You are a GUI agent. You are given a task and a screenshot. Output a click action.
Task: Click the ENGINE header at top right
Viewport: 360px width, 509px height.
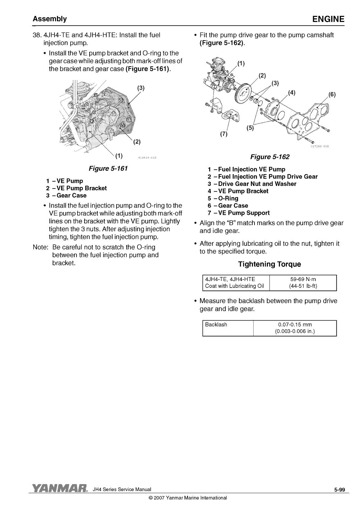(x=328, y=19)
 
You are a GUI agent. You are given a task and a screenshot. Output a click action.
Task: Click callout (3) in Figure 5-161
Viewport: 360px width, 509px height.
(x=141, y=88)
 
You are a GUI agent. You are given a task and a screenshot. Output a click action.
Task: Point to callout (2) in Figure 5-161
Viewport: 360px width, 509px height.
(x=137, y=142)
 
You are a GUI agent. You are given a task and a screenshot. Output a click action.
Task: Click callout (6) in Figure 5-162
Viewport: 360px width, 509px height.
(x=332, y=95)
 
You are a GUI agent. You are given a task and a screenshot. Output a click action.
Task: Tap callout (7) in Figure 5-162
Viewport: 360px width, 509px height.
(x=224, y=134)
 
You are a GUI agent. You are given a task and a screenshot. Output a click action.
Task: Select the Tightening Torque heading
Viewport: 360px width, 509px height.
(x=269, y=264)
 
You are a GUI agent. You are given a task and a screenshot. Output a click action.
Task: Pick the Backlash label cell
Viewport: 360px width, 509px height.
(x=216, y=325)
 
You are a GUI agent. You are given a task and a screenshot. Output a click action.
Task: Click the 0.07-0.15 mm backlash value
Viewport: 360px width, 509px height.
(x=295, y=325)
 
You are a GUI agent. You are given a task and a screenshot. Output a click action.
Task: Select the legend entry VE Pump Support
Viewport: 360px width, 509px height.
(x=244, y=213)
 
